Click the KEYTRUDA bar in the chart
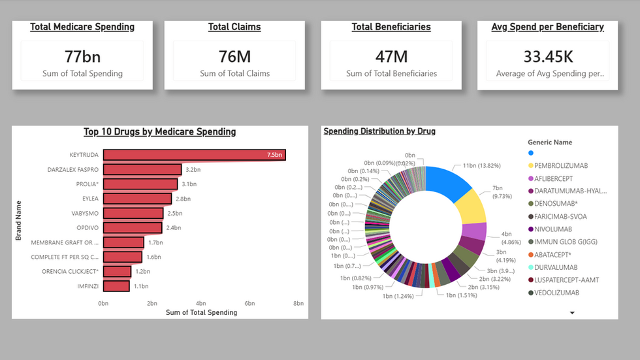(195, 155)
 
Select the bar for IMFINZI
(116, 286)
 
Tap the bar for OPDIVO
(133, 228)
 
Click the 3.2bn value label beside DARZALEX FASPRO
(192, 169)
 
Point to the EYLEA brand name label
(88, 199)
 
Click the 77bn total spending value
(82, 57)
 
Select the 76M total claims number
(234, 57)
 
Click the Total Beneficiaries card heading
(391, 27)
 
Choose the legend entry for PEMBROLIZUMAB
(562, 166)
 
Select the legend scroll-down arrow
(573, 313)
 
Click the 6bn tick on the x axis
(249, 303)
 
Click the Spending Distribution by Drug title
(379, 131)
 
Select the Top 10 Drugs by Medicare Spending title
(160, 132)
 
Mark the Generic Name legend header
(550, 142)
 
